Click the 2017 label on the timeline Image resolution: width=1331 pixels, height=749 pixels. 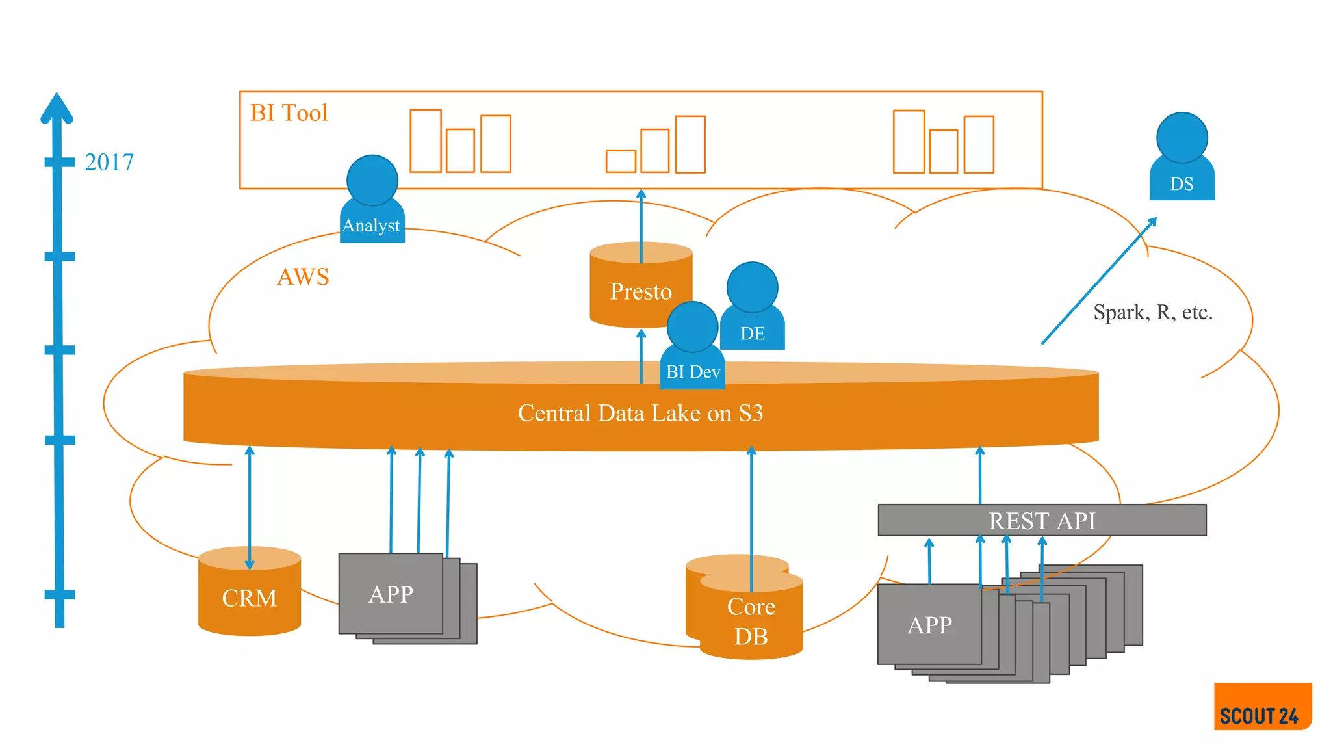109,162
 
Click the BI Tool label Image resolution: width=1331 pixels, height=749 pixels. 289,113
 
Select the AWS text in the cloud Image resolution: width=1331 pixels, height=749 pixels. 303,277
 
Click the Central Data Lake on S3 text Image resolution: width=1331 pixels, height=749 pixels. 640,414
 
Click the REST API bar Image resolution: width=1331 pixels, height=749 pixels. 1042,521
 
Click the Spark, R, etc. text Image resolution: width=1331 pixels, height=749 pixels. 1153,313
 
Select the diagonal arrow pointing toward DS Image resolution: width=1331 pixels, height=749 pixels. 1098,281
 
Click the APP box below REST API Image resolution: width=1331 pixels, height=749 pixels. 929,625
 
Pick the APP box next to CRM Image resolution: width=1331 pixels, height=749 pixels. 391,594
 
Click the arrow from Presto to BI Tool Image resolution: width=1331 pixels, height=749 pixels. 641,224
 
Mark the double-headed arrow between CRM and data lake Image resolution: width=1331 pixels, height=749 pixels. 250,507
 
